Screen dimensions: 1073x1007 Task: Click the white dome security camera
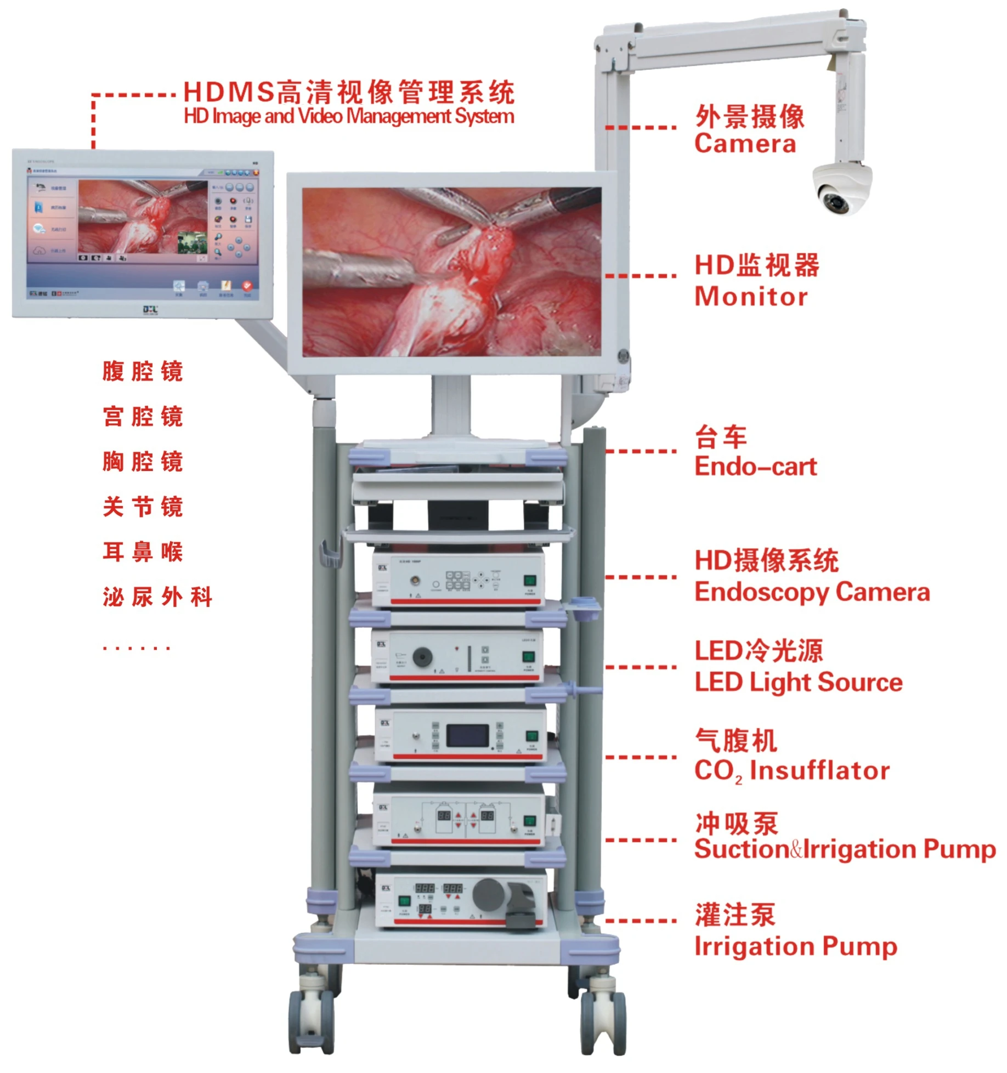[841, 188]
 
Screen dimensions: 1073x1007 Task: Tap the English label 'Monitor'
[750, 297]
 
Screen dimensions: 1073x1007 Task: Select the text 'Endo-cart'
[755, 467]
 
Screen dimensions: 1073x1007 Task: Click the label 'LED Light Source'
[798, 683]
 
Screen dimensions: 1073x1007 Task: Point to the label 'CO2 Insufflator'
[791, 771]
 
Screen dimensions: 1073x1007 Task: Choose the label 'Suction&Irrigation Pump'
[845, 849]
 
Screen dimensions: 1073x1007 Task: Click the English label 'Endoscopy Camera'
[812, 593]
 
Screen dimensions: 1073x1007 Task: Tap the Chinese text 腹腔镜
[143, 372]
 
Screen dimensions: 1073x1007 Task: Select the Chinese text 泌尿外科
[157, 597]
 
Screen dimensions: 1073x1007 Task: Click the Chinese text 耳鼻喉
[143, 552]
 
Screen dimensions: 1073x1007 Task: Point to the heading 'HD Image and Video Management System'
[349, 116]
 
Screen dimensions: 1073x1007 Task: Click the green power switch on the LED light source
[528, 657]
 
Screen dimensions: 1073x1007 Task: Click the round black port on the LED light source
[422, 657]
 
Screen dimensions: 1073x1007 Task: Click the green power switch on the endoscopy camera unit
[530, 581]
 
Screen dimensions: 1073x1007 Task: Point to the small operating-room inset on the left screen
[192, 242]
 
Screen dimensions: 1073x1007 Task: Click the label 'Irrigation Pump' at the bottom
[795, 947]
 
